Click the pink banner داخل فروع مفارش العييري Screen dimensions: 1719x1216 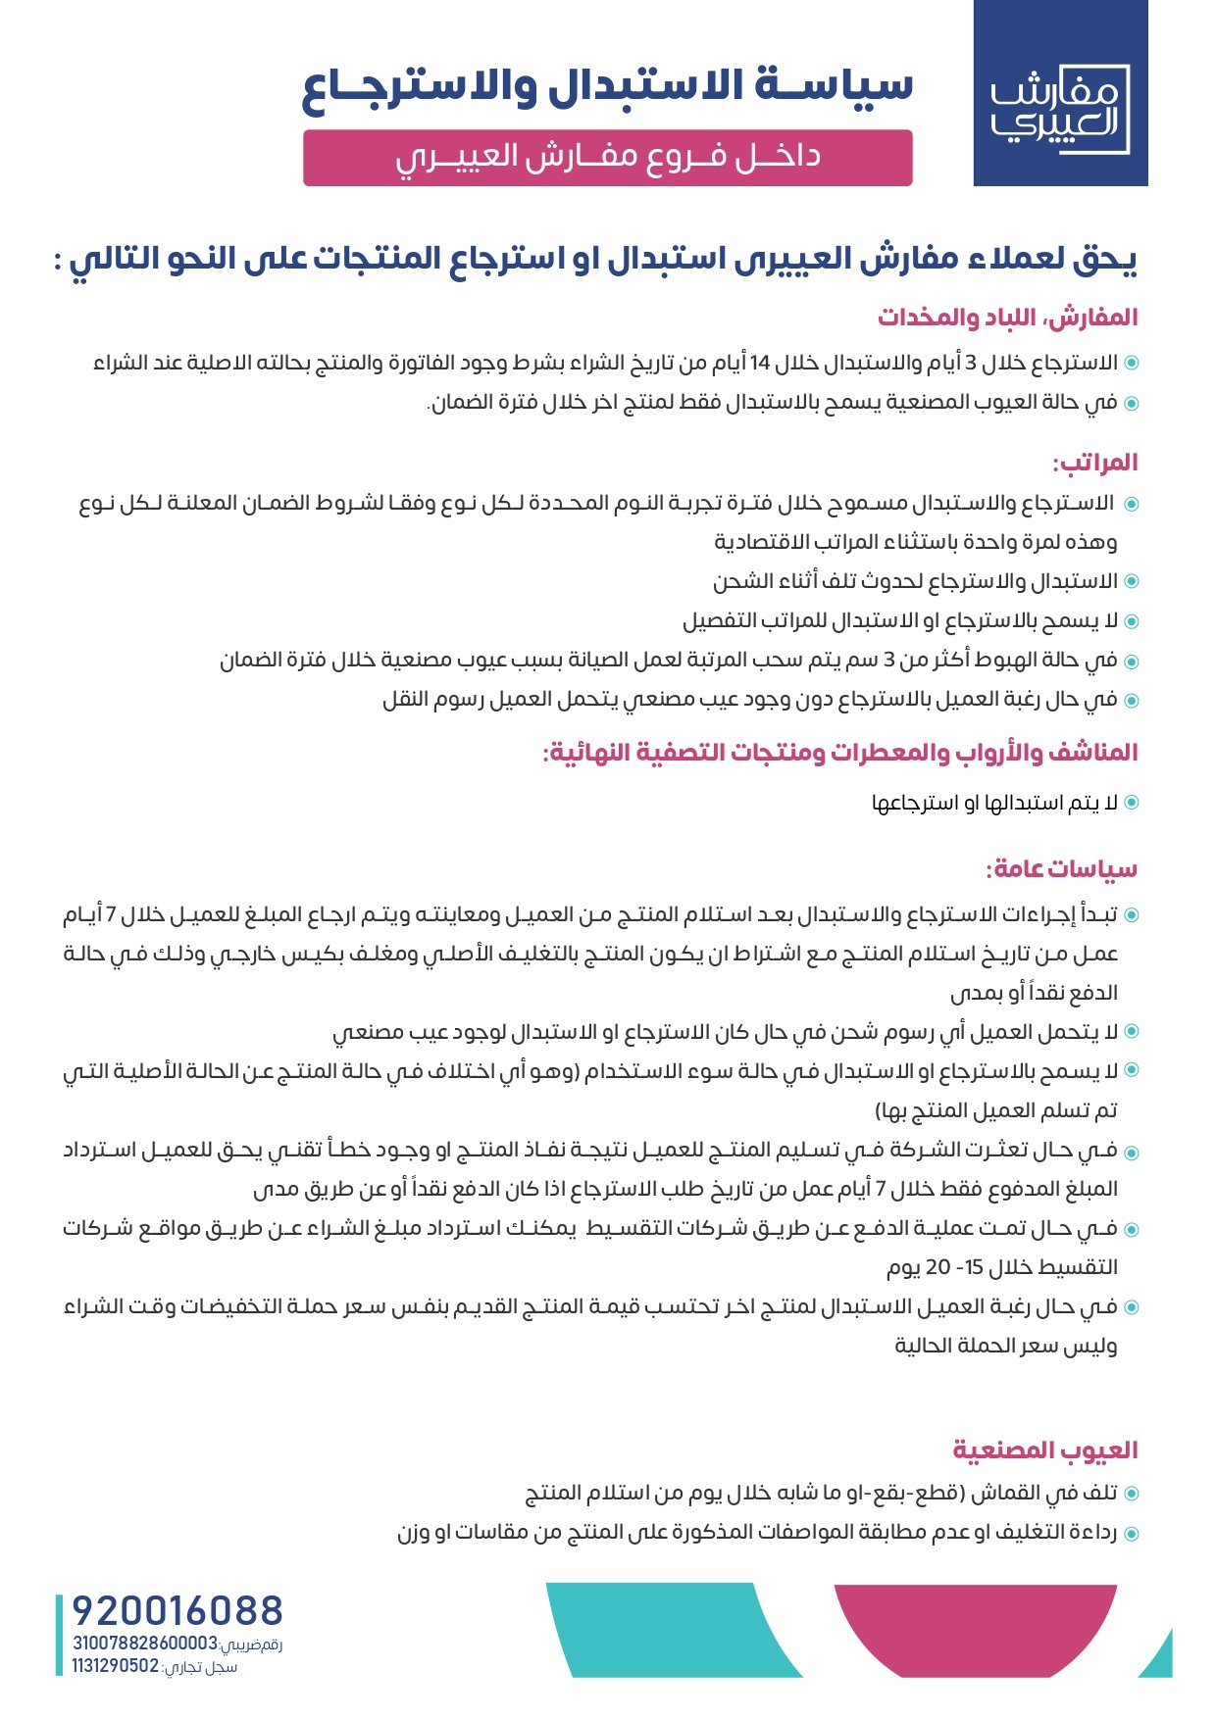pyautogui.click(x=607, y=157)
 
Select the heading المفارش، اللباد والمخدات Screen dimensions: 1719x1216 pyautogui.click(x=1007, y=318)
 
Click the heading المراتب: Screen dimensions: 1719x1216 pyautogui.click(x=1094, y=463)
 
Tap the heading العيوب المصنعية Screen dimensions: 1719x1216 pyautogui.click(x=1044, y=1449)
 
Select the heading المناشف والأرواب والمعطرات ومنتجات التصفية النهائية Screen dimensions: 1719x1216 pyautogui.click(x=840, y=753)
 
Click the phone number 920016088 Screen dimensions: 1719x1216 pyautogui.click(x=177, y=1611)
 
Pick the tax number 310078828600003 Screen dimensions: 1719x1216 pyautogui.click(x=144, y=1644)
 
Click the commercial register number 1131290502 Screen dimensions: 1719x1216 pyautogui.click(x=115, y=1666)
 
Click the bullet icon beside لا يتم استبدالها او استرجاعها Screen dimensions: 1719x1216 pyautogui.click(x=1131, y=803)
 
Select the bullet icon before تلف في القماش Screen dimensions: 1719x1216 pyautogui.click(x=1131, y=1494)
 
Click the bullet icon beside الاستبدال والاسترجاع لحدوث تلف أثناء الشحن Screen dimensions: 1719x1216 pyautogui.click(x=1131, y=581)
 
